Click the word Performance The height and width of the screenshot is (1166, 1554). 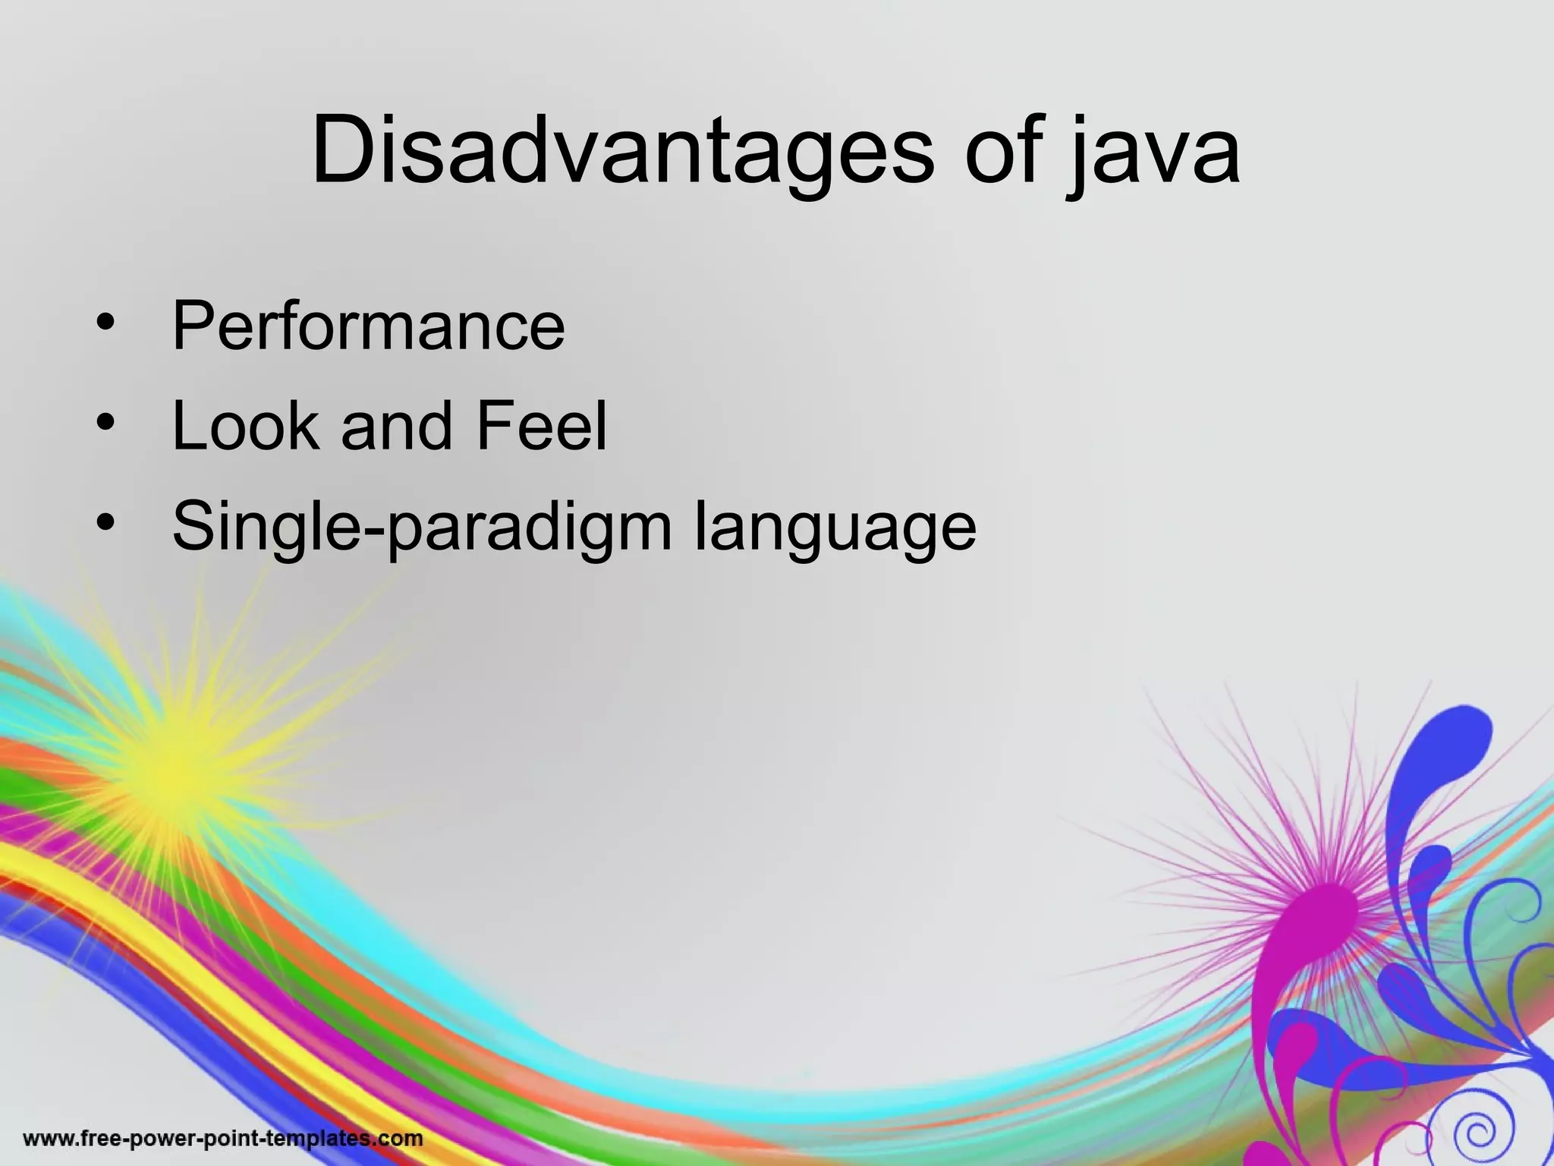[x=369, y=326]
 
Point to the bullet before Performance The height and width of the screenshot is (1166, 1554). [x=105, y=323]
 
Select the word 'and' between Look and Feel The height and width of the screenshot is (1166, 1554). [x=397, y=427]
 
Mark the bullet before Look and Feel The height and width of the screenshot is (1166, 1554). [x=105, y=422]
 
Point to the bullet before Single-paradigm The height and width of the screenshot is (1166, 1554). [x=105, y=522]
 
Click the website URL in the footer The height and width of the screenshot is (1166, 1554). [x=223, y=1139]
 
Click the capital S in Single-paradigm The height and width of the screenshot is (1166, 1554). [x=196, y=526]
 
